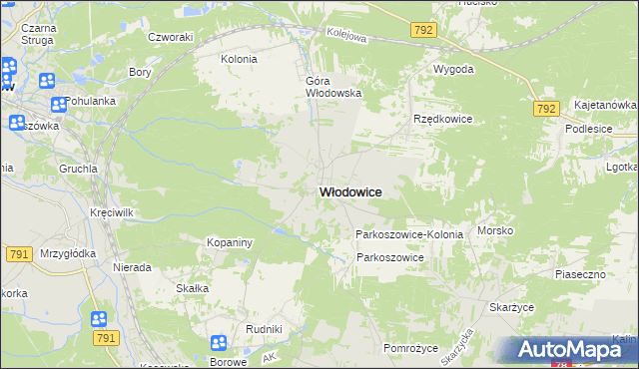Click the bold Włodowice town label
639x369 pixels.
coord(349,192)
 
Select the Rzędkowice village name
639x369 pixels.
coord(442,119)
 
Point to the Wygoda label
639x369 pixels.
coord(452,70)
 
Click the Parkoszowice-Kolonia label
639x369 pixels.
coord(409,234)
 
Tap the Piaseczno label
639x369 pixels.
coord(580,273)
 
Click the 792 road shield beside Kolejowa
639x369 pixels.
coord(423,31)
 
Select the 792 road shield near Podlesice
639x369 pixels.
coord(545,109)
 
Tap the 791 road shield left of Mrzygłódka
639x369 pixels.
coord(17,255)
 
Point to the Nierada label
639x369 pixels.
coord(132,268)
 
